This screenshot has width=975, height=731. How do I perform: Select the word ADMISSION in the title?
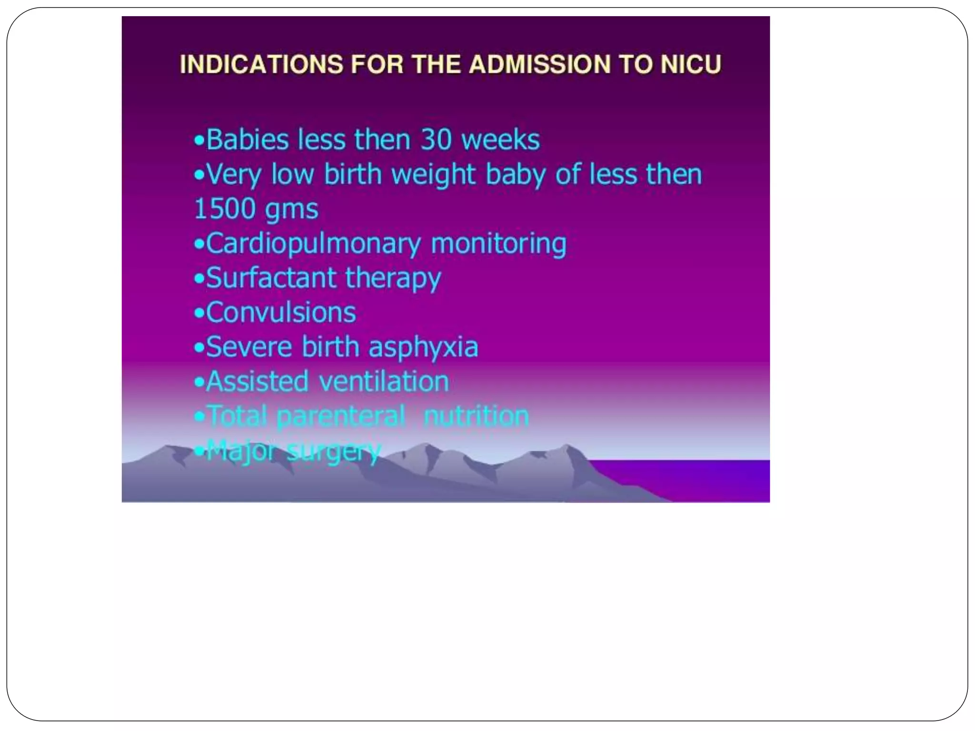tap(539, 64)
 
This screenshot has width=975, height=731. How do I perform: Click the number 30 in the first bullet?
tap(436, 140)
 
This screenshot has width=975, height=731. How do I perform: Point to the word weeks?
tap(500, 140)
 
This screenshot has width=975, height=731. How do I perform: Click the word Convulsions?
tap(281, 313)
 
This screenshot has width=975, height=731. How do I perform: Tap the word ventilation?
tap(384, 382)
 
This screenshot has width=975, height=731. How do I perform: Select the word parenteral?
tap(341, 416)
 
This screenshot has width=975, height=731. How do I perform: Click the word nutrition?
tap(476, 416)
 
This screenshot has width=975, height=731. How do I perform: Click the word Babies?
tap(248, 140)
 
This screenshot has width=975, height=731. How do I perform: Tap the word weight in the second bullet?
tap(433, 175)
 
